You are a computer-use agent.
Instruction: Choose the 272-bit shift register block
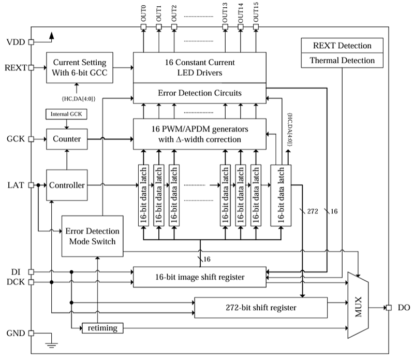260,308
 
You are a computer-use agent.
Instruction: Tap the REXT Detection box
342,46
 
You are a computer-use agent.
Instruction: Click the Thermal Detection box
342,61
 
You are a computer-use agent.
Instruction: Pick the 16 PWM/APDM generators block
200,134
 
